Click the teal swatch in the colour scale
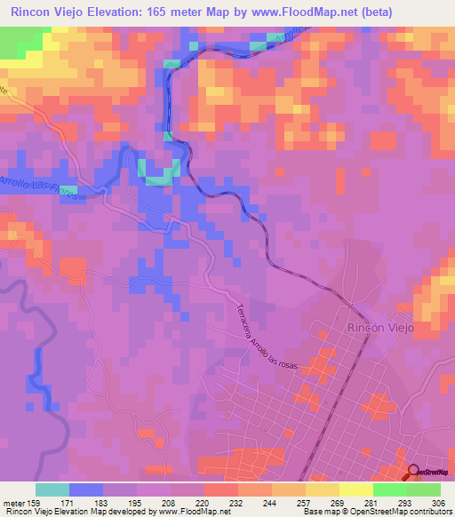(x=52, y=489)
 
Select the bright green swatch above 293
(x=389, y=489)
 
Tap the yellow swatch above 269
(x=322, y=489)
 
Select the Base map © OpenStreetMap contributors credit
(x=375, y=512)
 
